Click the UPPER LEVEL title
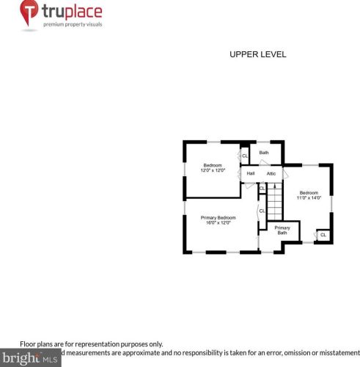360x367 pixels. coord(257,54)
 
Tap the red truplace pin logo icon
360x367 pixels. coord(29,13)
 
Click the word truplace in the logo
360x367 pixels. coord(72,12)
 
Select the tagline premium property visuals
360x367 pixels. coord(72,25)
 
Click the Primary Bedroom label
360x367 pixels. coord(218,217)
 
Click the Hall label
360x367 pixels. coord(251,173)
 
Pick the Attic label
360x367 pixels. coord(271,173)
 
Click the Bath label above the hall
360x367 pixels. coord(264,153)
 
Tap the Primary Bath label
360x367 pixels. coord(282,230)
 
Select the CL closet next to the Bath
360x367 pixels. coord(245,156)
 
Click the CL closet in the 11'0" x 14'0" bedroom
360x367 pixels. coord(323,235)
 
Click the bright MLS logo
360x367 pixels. coord(30,359)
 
